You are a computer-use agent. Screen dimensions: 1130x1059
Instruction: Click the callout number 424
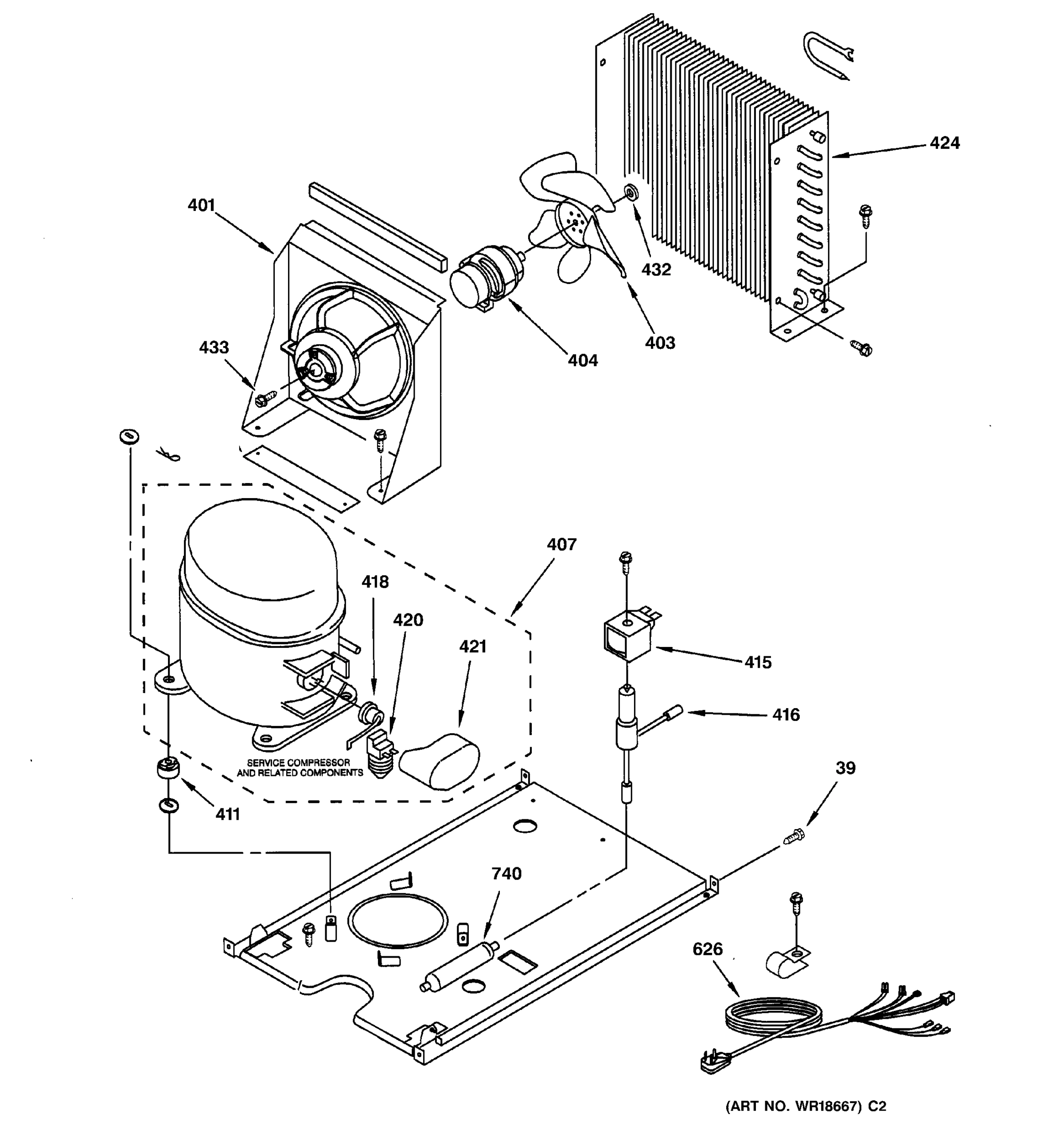point(944,143)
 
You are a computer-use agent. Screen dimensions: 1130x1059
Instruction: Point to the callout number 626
point(707,949)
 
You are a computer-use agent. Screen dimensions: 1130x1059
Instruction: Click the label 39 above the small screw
point(845,768)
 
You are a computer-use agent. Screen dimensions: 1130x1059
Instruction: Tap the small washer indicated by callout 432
point(631,193)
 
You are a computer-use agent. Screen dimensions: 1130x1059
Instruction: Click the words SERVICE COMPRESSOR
point(299,762)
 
